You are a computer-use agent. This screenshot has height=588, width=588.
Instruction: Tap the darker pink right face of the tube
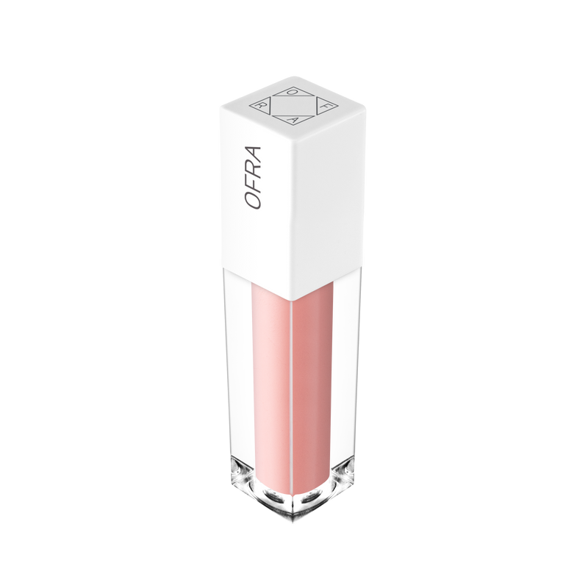[313, 382]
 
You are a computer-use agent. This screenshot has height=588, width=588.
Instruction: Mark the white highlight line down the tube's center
[293, 382]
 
